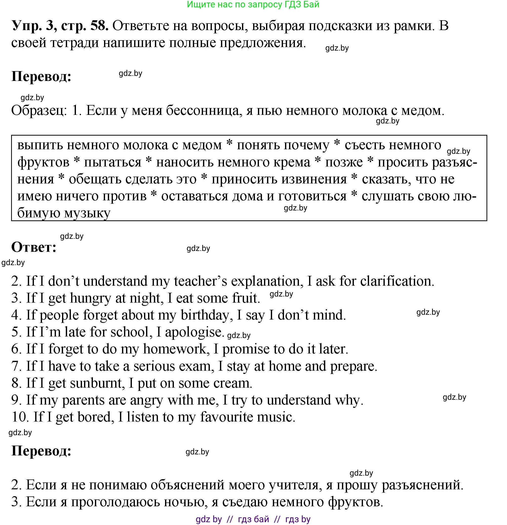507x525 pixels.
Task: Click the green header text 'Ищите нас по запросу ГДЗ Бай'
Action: coord(253,5)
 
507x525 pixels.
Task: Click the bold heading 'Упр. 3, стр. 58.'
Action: coord(60,26)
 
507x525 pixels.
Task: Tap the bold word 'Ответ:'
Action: coord(34,247)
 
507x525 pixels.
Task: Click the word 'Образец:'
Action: coord(39,110)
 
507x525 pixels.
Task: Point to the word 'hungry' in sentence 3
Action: coord(90,298)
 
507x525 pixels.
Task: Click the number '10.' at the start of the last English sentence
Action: coord(20,417)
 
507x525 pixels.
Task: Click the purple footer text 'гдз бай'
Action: coord(253,519)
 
